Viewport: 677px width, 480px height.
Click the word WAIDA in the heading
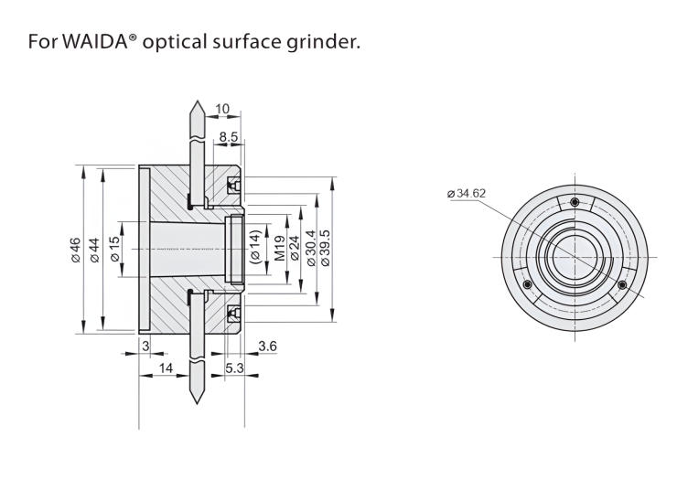pyautogui.click(x=99, y=42)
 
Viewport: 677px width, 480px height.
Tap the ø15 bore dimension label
pyautogui.click(x=116, y=249)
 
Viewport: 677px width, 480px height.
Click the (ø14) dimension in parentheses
pyautogui.click(x=256, y=249)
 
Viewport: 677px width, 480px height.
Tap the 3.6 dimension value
pyautogui.click(x=267, y=346)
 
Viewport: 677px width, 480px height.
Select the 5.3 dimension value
pyautogui.click(x=233, y=367)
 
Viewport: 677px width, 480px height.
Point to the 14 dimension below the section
pyautogui.click(x=166, y=367)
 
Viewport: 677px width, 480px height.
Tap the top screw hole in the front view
pyautogui.click(x=575, y=202)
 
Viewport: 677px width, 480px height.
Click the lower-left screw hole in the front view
pyautogui.click(x=526, y=284)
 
